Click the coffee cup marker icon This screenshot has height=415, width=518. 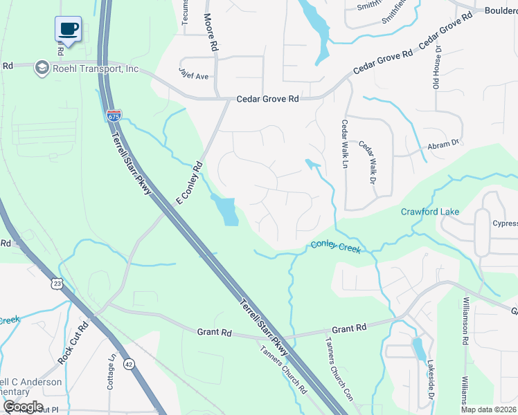[x=68, y=29]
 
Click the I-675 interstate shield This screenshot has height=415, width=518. [x=114, y=116]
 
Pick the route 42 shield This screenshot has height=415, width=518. [x=129, y=364]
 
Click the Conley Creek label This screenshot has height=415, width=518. [x=336, y=246]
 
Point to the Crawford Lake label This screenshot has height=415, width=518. [x=429, y=212]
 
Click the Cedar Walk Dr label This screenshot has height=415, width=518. [x=366, y=163]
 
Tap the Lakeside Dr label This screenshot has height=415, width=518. [x=429, y=384]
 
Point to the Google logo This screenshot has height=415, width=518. [x=23, y=407]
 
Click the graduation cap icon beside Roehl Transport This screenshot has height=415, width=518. [x=42, y=68]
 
